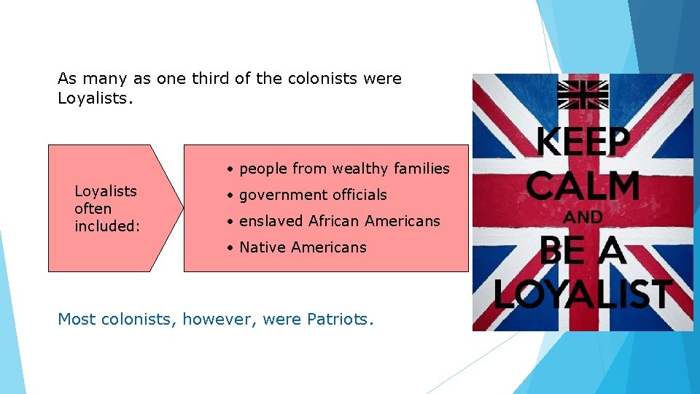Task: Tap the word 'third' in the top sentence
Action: (211, 79)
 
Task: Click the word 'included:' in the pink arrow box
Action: (106, 226)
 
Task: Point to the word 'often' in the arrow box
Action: (93, 209)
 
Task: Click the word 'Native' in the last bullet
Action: (262, 247)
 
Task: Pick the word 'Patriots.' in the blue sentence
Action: (340, 319)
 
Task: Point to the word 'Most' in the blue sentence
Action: (77, 319)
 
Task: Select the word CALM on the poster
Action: (583, 186)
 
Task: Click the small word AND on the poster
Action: (583, 217)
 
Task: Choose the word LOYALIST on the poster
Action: (583, 293)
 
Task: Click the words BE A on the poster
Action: (583, 251)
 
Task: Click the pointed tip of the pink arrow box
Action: (182, 208)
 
